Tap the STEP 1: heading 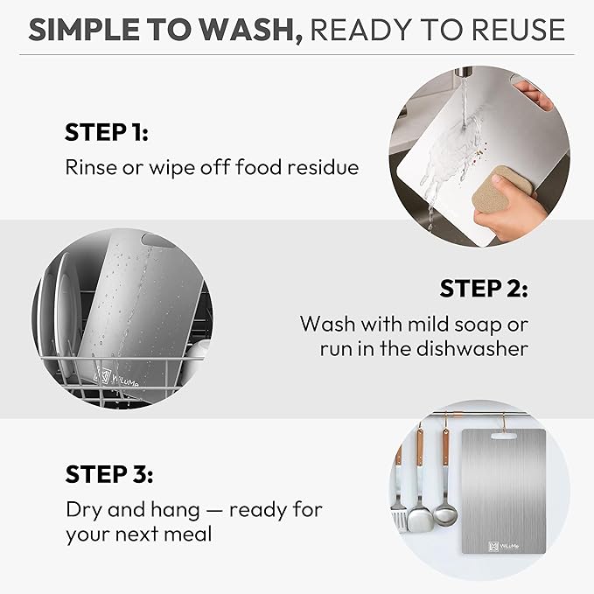click(x=107, y=132)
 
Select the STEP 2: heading click(x=484, y=289)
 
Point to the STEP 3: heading click(x=109, y=474)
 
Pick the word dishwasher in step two click(x=472, y=348)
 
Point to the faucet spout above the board click(x=464, y=71)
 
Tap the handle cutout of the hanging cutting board click(x=504, y=437)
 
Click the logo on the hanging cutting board click(x=504, y=546)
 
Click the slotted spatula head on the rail click(x=399, y=516)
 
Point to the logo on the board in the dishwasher click(x=117, y=377)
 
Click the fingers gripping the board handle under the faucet click(x=532, y=93)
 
